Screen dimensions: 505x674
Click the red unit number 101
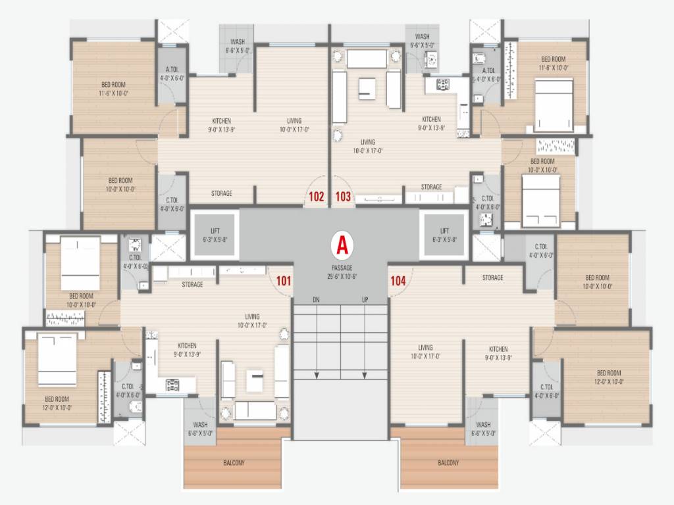tap(284, 281)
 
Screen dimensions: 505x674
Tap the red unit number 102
tap(317, 196)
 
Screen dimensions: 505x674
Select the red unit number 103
tap(343, 196)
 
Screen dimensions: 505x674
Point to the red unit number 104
tap(398, 281)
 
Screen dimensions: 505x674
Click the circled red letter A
tap(342, 245)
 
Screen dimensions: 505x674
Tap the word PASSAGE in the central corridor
tap(342, 268)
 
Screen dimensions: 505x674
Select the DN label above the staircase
tap(317, 300)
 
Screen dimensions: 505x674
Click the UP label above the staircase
tap(365, 300)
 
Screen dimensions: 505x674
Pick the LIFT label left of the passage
tap(215, 231)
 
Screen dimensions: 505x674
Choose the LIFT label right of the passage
tap(445, 231)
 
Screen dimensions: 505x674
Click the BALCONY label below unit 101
tap(234, 463)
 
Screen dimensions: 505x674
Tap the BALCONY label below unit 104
tap(448, 463)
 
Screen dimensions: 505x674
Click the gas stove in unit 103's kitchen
tap(443, 84)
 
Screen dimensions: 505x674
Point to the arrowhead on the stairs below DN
tap(317, 375)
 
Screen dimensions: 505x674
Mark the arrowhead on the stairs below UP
tap(365, 375)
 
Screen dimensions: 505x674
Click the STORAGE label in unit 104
tap(492, 277)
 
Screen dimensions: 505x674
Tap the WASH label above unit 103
tap(422, 37)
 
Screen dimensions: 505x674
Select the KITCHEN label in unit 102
tap(221, 121)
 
